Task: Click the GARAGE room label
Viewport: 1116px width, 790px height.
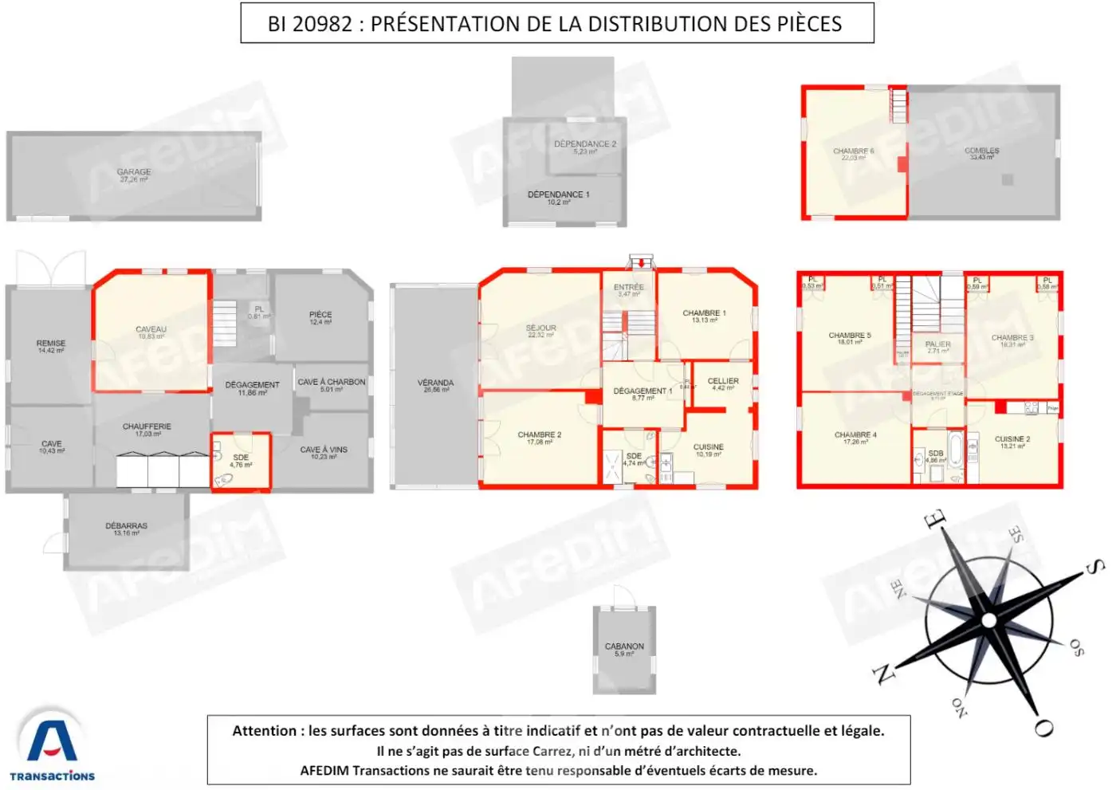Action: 134,172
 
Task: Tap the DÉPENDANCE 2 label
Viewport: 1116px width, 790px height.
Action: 585,144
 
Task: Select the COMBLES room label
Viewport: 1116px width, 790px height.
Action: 981,151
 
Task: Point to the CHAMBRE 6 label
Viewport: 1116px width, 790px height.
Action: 853,151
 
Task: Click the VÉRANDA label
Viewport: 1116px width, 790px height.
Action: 435,383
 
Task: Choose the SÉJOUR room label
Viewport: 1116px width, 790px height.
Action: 540,328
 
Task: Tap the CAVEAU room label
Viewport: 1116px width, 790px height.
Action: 151,329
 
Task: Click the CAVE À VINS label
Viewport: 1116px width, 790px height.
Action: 323,450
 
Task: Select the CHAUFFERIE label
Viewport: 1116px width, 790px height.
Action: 147,427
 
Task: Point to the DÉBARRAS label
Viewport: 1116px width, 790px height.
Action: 126,526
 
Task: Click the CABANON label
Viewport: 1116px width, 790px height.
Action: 624,647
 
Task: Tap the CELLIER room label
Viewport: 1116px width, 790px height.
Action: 723,381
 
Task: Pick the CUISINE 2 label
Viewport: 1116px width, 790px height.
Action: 1012,439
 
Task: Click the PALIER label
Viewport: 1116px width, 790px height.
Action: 937,344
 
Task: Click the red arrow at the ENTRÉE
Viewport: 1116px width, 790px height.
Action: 639,262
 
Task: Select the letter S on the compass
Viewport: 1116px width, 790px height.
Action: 1094,567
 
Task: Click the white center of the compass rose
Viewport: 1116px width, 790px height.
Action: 988,620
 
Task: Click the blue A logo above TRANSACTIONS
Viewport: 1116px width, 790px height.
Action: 52,741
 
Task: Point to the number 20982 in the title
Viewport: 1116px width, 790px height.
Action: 322,24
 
